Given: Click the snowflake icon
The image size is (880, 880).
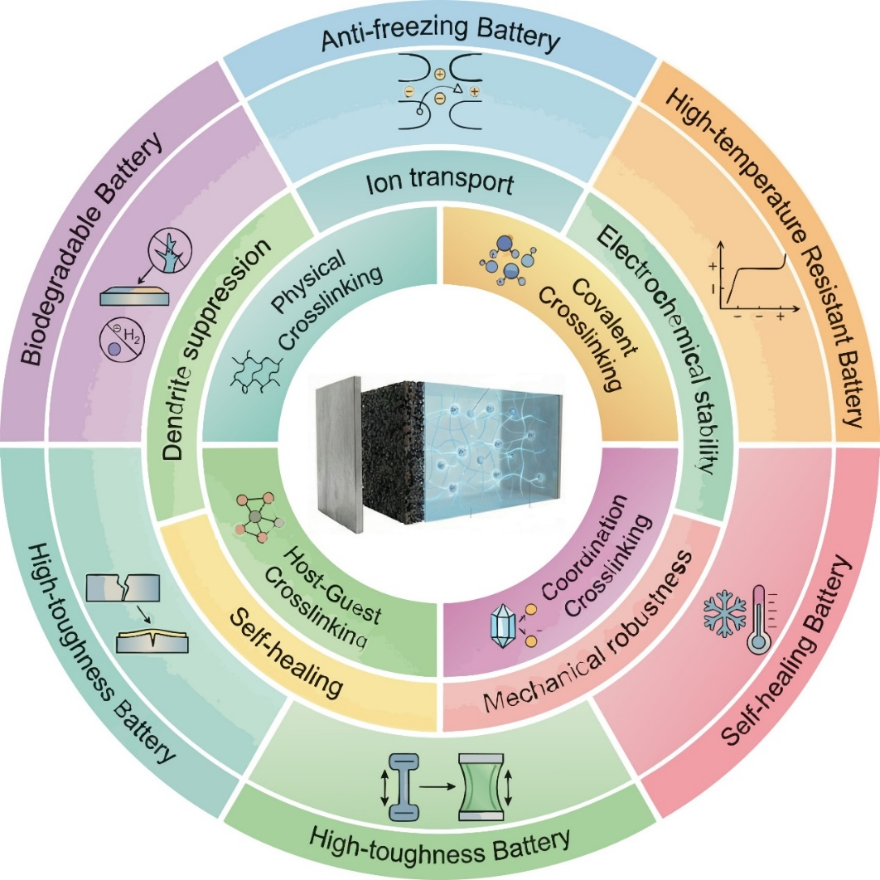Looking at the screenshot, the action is (724, 609).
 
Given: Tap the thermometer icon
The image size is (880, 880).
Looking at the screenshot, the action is (761, 619).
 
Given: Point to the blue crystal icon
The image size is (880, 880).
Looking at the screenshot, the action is (503, 626).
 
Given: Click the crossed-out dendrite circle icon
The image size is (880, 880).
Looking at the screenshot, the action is (170, 250).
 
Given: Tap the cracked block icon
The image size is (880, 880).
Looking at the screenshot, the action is (123, 588).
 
